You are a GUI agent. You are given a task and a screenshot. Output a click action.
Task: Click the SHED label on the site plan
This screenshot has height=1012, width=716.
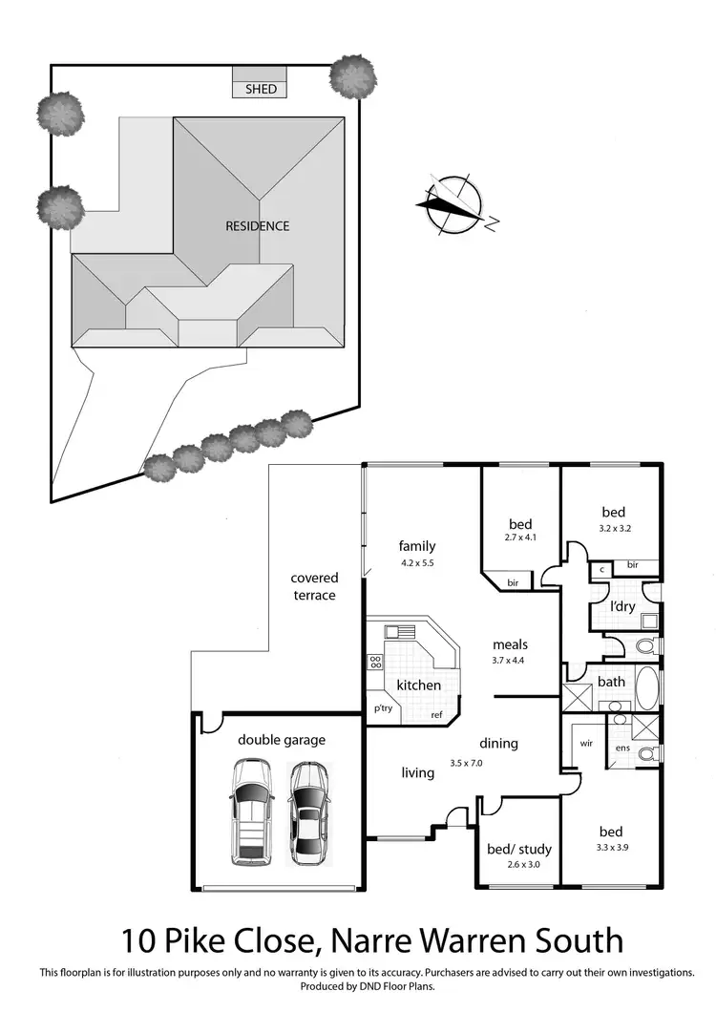coord(261,89)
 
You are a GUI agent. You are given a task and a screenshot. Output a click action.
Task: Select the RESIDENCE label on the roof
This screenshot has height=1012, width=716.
coord(257,226)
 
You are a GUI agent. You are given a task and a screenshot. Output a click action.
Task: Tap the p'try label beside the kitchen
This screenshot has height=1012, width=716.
coord(383,708)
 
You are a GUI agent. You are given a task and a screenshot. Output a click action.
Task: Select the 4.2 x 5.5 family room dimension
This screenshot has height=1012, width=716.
coord(416,563)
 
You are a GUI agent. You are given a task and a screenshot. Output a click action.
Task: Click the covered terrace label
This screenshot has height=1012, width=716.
coord(314,587)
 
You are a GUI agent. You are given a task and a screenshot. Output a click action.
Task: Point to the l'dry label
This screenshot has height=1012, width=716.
coord(622,606)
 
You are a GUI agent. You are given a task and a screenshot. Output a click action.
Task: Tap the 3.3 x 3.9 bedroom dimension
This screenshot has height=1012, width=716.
coord(612,847)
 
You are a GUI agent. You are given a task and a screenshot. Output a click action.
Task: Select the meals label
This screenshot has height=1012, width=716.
coord(511,644)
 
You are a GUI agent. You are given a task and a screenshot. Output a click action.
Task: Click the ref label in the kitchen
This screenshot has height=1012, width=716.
coord(436,715)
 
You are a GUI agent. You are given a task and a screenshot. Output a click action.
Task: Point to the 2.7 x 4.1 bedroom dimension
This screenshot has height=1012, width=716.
coord(520,538)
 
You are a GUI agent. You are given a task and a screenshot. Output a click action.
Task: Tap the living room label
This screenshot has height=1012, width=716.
coord(418,772)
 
